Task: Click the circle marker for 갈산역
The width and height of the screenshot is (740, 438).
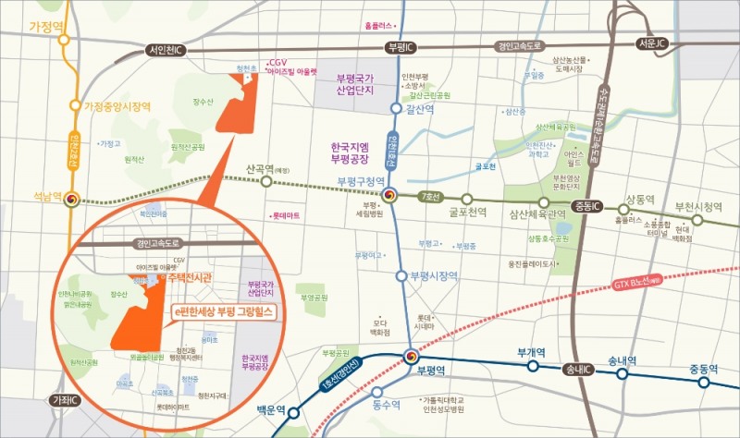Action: pyautogui.click(x=397, y=109)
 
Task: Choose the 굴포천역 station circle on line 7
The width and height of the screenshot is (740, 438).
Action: pyautogui.click(x=467, y=199)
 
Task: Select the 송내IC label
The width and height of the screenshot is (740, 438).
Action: pyautogui.click(x=580, y=370)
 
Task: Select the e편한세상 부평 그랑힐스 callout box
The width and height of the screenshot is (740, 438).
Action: pyautogui.click(x=225, y=314)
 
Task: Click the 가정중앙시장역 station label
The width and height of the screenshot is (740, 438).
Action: pyautogui.click(x=117, y=106)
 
